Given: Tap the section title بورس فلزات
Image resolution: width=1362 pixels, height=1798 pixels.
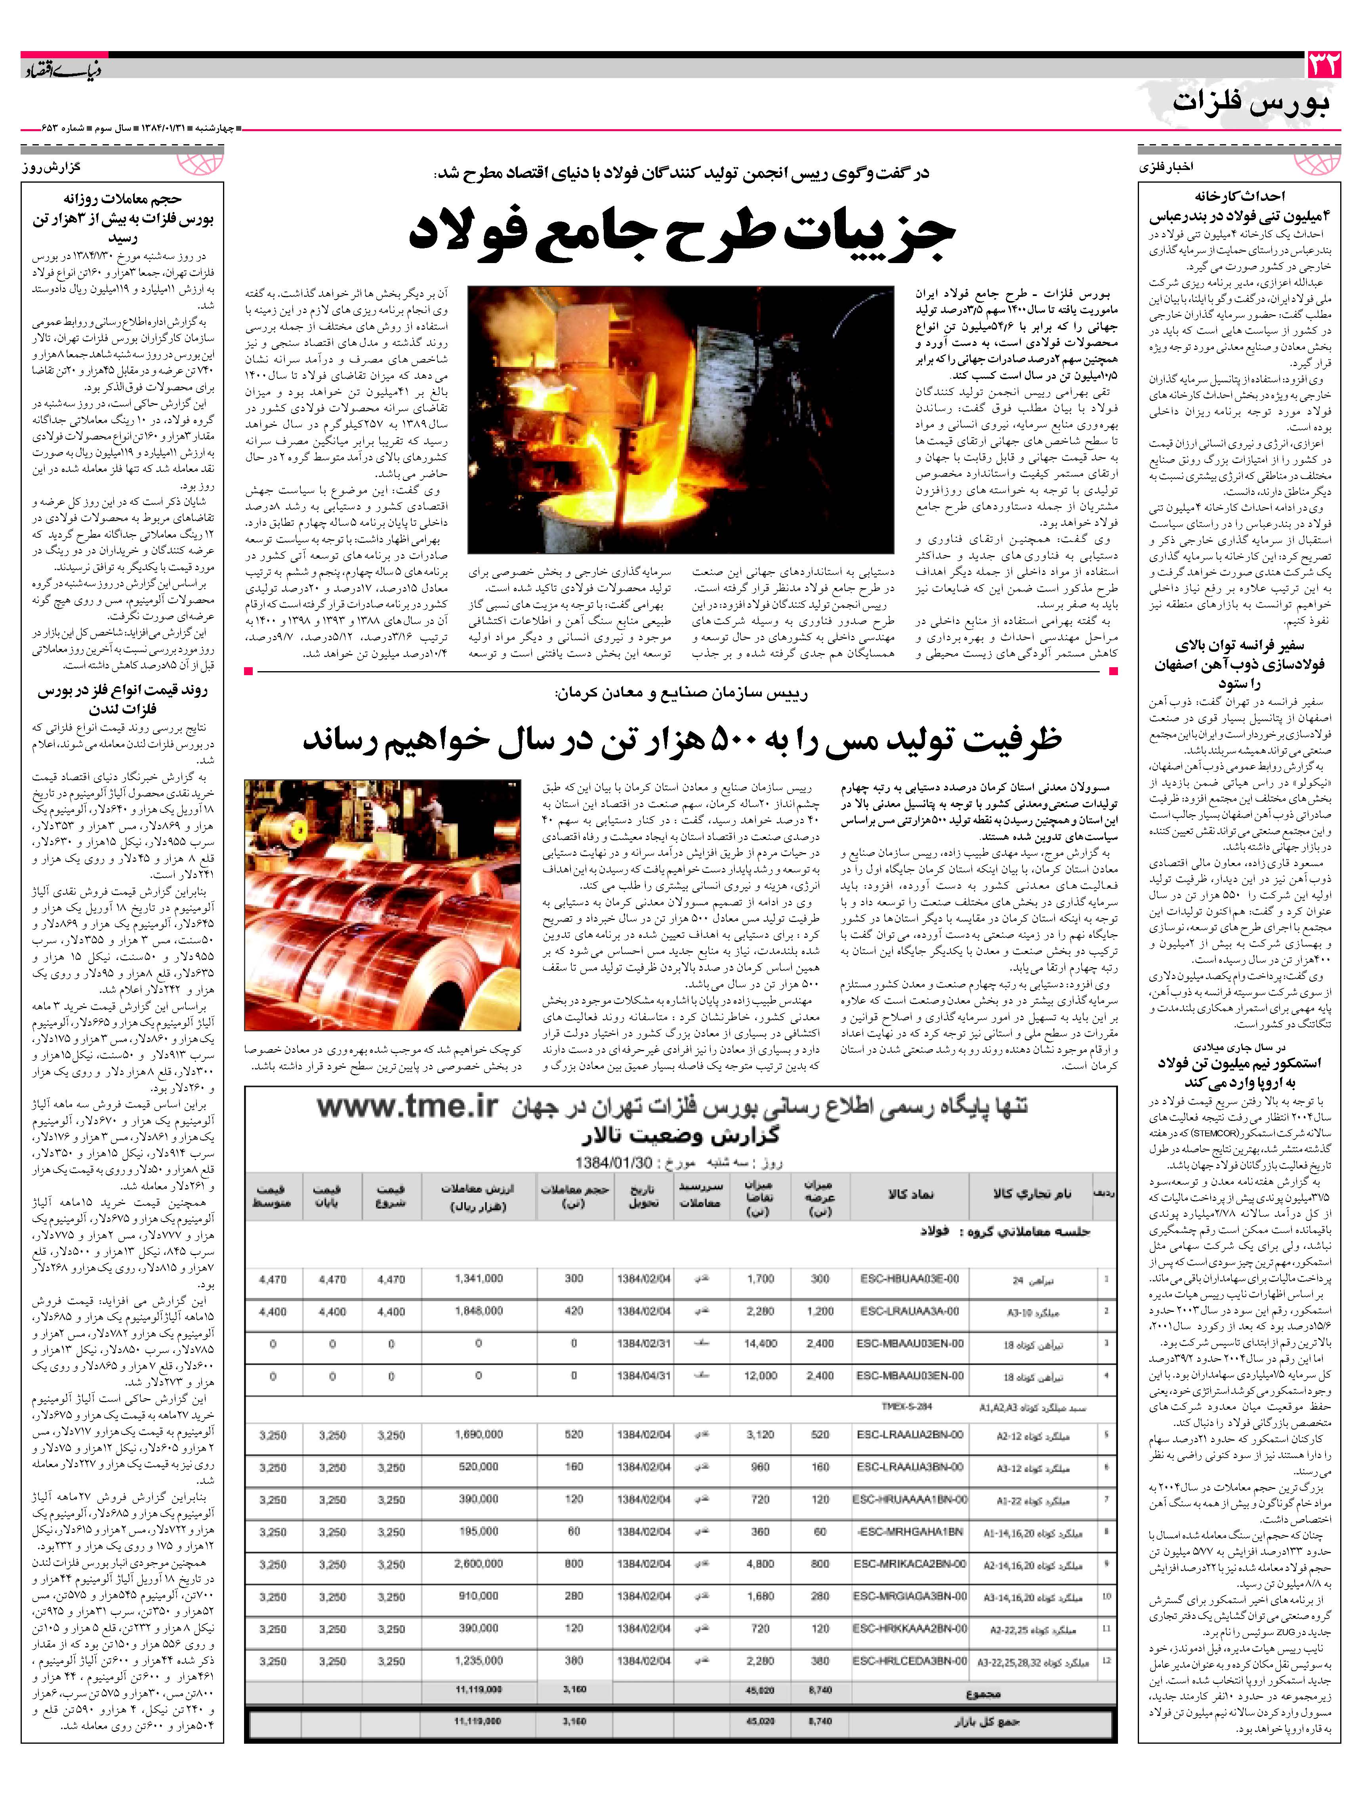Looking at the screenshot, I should tap(1251, 103).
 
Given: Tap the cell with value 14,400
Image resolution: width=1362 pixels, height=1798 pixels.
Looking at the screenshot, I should tap(761, 1344).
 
